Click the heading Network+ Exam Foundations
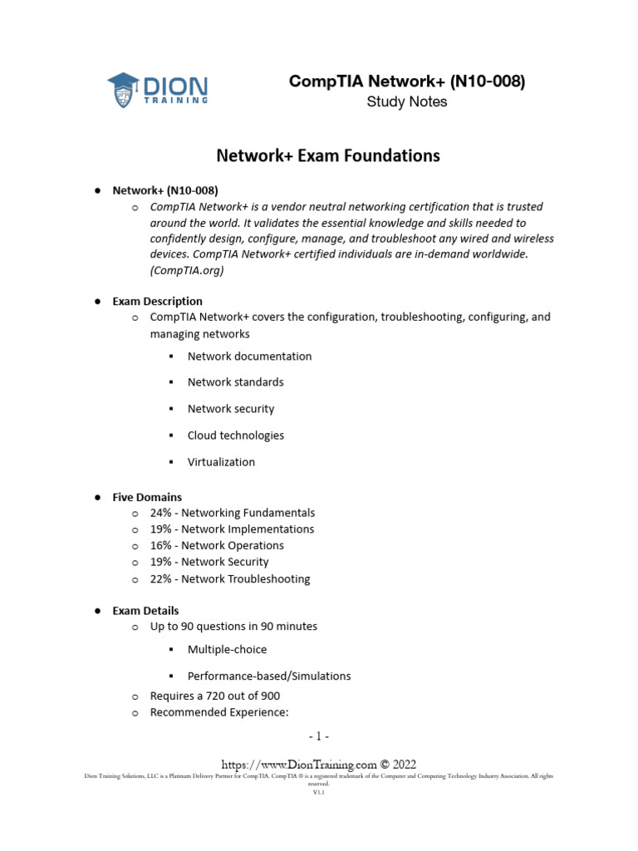[328, 155]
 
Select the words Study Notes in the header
[406, 102]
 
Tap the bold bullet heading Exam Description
[157, 301]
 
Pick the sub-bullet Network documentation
[249, 356]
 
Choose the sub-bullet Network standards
[235, 382]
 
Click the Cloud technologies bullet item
[235, 435]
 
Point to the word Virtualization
[221, 462]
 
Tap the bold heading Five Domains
[147, 497]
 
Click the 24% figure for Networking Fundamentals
[161, 513]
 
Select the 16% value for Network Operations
[161, 545]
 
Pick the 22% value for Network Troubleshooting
[161, 578]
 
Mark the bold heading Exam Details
[145, 611]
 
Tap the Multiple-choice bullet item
[227, 649]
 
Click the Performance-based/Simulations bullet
[269, 676]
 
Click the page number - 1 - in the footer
[318, 736]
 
